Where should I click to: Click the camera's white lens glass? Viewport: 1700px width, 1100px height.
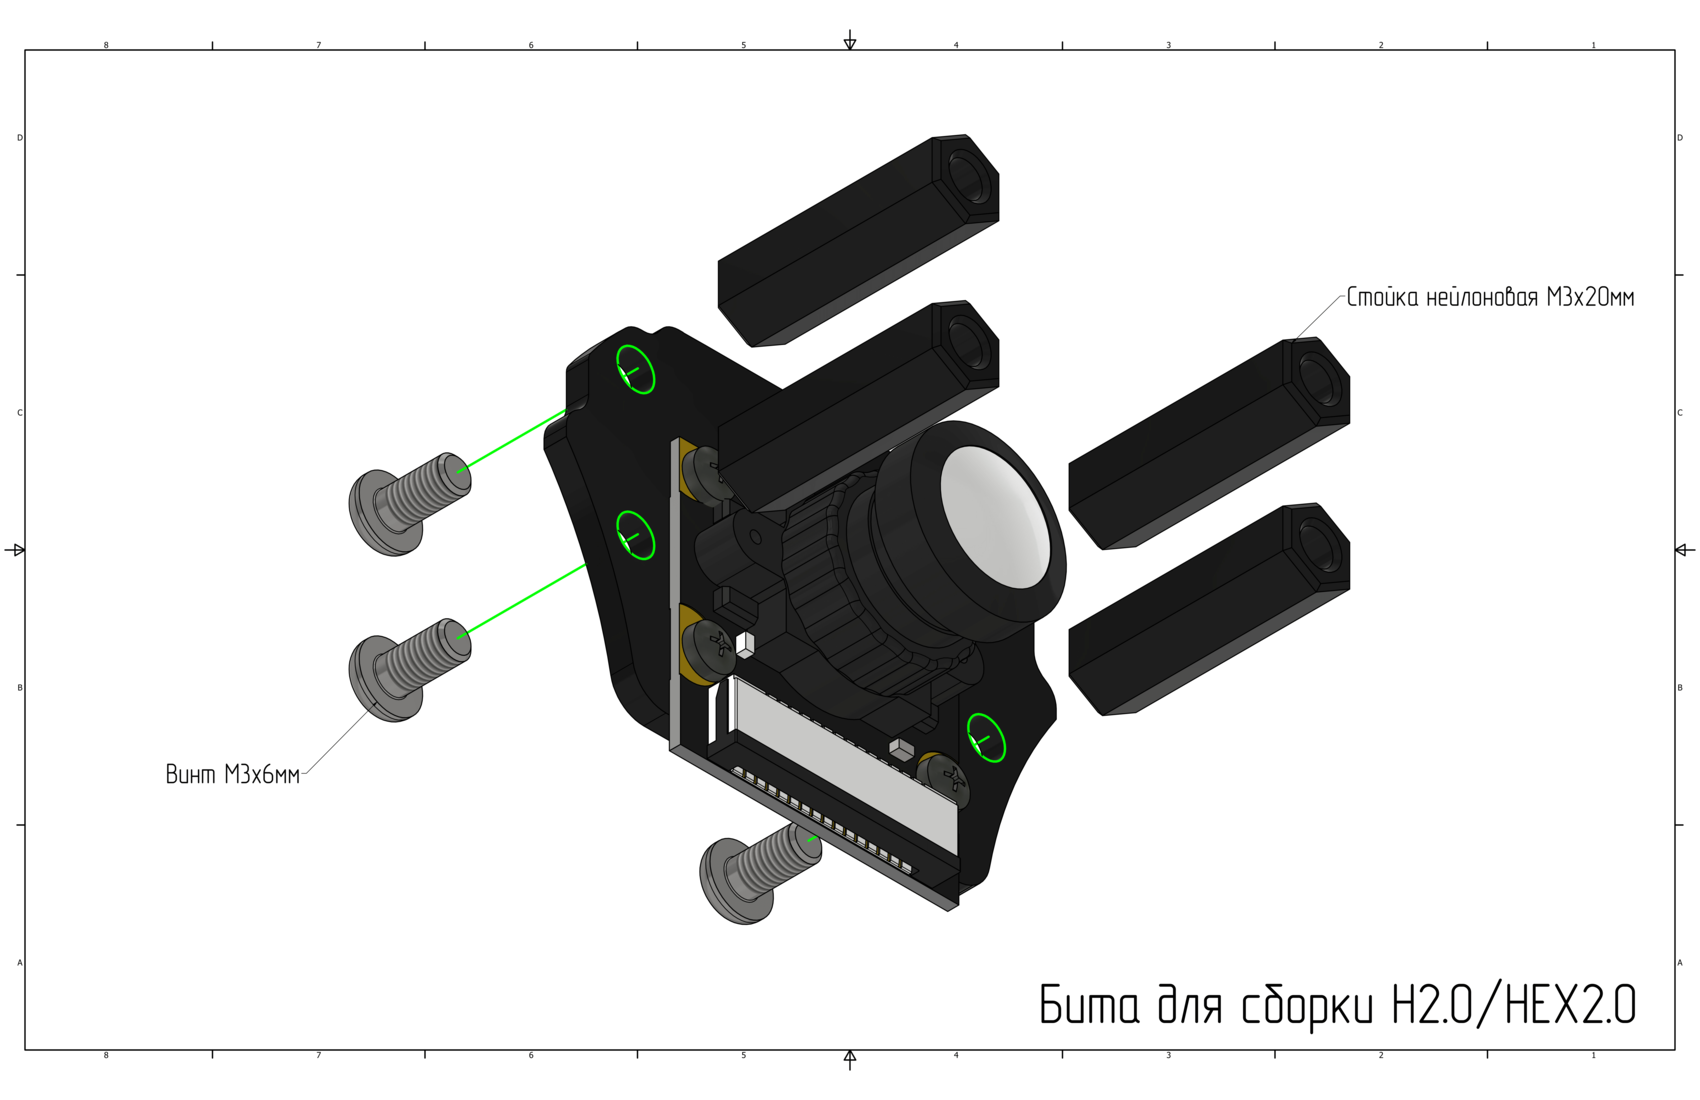coord(994,517)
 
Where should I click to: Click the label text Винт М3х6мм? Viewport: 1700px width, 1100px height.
coord(233,774)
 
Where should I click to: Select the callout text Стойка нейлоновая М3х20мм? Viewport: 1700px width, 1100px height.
coord(1491,298)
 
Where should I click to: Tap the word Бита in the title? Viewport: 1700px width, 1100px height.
coord(1090,1004)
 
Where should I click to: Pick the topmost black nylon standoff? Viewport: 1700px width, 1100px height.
coord(858,241)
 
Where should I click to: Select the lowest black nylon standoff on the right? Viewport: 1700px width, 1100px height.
coord(1209,609)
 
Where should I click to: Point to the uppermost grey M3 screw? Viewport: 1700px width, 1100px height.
coord(409,504)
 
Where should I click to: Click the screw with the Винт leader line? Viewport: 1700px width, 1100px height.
coord(409,670)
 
